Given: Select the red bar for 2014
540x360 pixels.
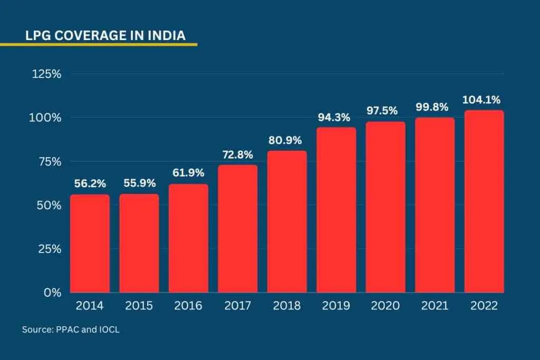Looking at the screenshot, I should pos(90,244).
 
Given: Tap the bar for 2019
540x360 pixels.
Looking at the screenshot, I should pos(336,210).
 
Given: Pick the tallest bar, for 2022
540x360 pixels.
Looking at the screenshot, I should pos(484,201).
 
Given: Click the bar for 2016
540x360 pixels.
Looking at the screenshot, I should pos(188,238).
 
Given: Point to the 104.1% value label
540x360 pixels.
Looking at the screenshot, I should pos(481,100).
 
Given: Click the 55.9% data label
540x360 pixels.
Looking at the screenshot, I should pos(139,183).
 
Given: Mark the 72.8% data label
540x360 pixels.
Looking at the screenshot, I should pos(237,154).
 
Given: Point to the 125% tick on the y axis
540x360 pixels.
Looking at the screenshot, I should pos(47,74).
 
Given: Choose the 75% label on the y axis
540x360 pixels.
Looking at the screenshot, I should pos(50,161).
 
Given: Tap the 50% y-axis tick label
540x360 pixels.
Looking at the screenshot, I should pos(50,205).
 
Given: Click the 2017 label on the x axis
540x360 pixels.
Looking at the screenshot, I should pos(237,306).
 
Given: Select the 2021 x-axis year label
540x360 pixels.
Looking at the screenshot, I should pos(435,306).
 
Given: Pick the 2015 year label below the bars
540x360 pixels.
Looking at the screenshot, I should pos(139,306).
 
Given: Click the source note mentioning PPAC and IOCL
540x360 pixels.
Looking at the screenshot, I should pos(67,330).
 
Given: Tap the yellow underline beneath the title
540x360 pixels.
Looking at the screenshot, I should pos(99,45).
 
